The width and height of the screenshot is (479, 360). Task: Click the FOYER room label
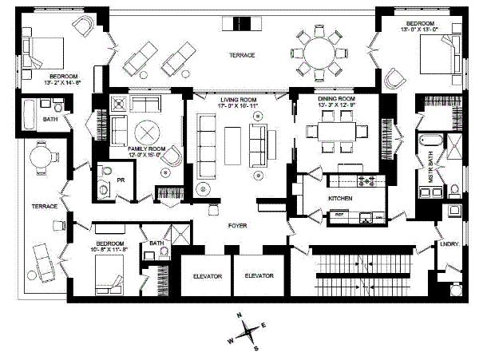click(x=237, y=226)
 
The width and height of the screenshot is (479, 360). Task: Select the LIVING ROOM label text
click(x=236, y=99)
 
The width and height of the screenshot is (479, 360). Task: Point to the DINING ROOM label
click(x=333, y=99)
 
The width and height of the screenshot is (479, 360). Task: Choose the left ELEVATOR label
click(x=206, y=275)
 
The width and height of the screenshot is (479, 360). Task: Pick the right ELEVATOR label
click(x=259, y=275)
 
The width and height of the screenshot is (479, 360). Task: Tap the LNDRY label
click(x=449, y=244)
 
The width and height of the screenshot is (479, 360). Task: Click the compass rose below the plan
click(x=249, y=330)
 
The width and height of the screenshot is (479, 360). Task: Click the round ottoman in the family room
click(x=148, y=132)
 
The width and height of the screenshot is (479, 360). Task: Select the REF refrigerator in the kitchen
click(x=338, y=213)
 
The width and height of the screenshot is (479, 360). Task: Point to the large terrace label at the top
click(x=242, y=55)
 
